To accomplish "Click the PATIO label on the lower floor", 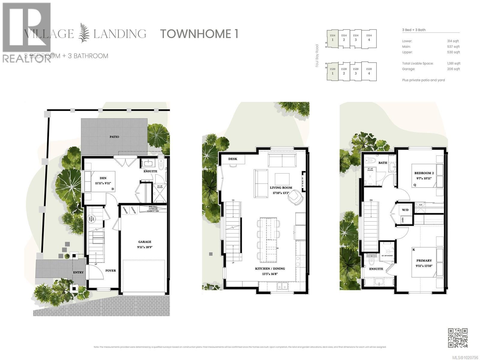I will click(114, 137).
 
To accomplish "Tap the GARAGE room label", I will click(145, 242).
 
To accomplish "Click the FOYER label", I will click(110, 271).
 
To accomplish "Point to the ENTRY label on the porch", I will click(78, 272).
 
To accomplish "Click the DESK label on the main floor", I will click(233, 159).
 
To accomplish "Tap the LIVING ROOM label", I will click(281, 188).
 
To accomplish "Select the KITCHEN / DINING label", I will click(270, 269).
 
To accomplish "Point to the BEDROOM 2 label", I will click(424, 173).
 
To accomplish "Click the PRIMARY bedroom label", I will click(424, 261).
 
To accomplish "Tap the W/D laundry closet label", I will click(405, 210).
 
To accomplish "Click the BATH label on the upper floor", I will click(382, 163).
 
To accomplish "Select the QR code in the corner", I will click(458, 338).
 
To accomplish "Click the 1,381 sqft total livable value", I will click(454, 64).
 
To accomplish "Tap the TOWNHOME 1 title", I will click(199, 34).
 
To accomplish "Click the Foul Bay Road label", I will click(317, 56).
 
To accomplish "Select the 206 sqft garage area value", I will click(453, 69).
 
